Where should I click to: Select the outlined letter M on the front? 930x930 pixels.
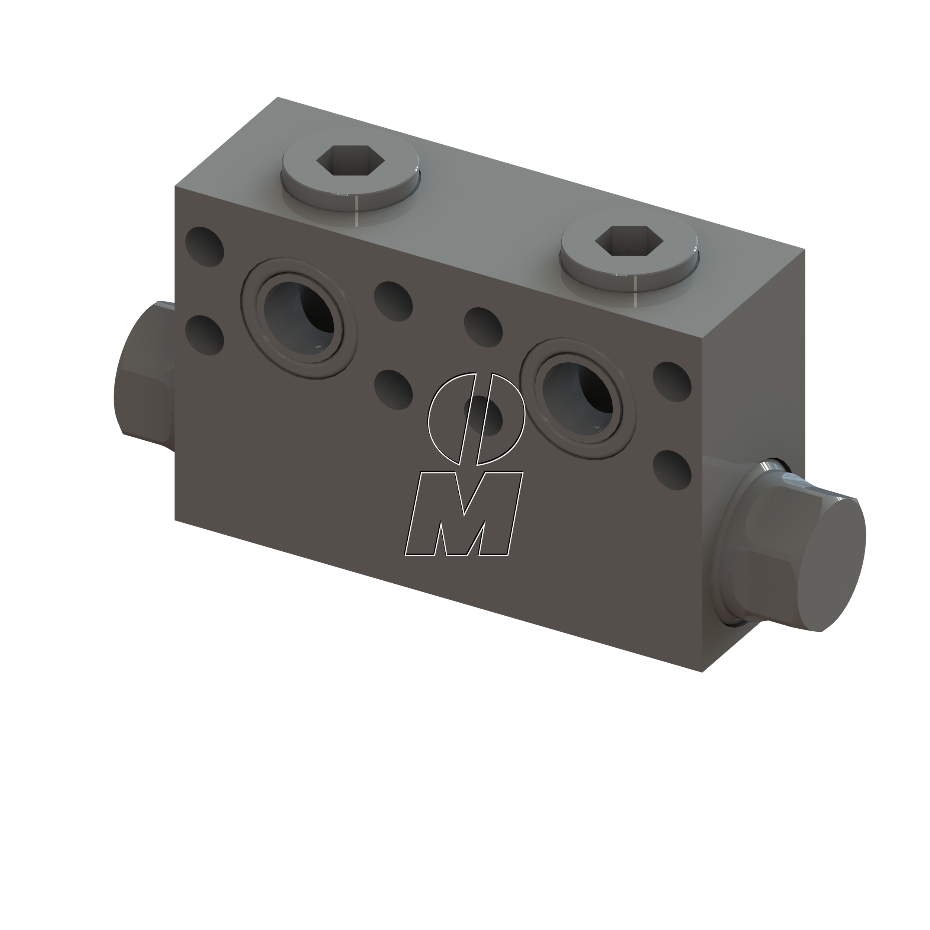pyautogui.click(x=463, y=514)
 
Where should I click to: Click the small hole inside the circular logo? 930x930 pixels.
pyautogui.click(x=484, y=415)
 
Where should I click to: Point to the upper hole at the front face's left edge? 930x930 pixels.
pyautogui.click(x=205, y=247)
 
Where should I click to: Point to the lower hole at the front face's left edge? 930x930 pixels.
pyautogui.click(x=205, y=336)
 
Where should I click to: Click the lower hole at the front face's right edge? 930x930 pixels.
pyautogui.click(x=672, y=470)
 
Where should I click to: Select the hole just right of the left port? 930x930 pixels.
pyautogui.click(x=393, y=301)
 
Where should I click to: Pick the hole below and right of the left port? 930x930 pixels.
pyautogui.click(x=393, y=390)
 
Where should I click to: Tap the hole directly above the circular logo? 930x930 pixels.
pyautogui.click(x=483, y=327)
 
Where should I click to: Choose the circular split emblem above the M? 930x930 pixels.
pyautogui.click(x=475, y=419)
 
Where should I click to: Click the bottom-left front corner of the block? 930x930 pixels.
pyautogui.click(x=175, y=520)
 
